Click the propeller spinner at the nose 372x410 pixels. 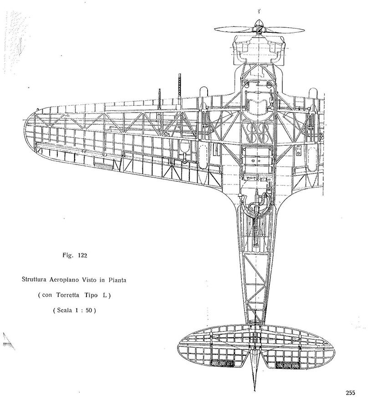[x=258, y=26]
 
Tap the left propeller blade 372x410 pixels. [x=234, y=29]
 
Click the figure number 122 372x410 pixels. [x=82, y=256]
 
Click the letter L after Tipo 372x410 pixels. [x=105, y=295]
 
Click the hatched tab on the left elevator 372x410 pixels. [x=222, y=363]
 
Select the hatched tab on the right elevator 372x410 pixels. [x=287, y=365]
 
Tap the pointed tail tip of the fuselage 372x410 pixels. [x=255, y=389]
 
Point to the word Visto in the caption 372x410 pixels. [x=90, y=280]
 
